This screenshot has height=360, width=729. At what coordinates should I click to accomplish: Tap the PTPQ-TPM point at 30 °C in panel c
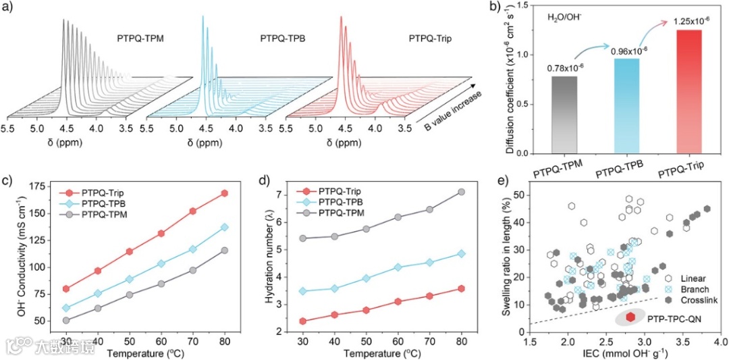point(66,320)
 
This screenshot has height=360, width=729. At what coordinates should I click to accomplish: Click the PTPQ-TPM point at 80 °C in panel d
point(462,192)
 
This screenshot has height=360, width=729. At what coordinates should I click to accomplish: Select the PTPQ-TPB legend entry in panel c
point(103,204)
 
